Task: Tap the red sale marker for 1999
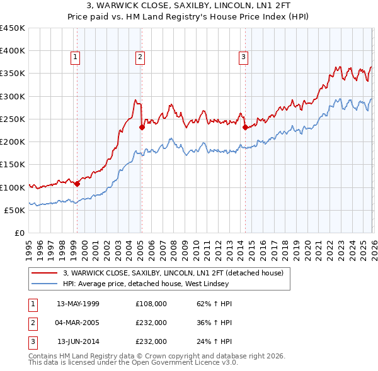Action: [77, 184]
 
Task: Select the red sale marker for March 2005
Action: [142, 127]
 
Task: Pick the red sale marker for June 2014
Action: [244, 127]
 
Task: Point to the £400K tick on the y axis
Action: [13, 51]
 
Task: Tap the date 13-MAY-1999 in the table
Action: [78, 304]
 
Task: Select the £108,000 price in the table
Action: [151, 304]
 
